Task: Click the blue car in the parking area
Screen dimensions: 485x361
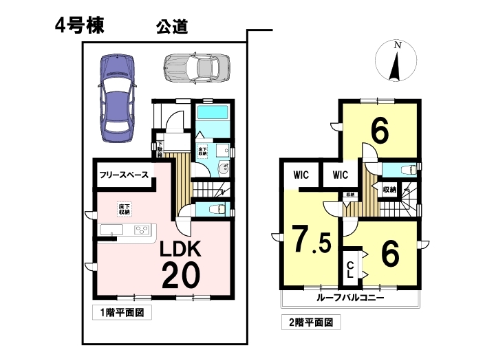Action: [117, 98]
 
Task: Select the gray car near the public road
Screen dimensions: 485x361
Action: [197, 67]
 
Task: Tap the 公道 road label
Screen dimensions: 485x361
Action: [172, 27]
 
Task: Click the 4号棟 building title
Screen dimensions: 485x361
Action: [80, 25]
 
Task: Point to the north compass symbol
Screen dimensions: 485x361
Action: [396, 61]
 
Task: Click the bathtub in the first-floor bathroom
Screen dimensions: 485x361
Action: [213, 112]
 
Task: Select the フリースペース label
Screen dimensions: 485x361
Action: [124, 175]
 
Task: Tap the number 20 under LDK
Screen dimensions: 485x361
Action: [181, 275]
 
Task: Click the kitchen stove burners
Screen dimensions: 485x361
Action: [142, 230]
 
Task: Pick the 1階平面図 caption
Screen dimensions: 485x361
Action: [122, 312]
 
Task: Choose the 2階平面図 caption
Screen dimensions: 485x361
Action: [311, 322]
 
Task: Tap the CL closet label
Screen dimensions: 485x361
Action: [350, 270]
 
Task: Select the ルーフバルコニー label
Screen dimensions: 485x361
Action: [350, 298]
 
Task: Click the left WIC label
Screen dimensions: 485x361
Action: [301, 175]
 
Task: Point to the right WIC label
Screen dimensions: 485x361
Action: [341, 175]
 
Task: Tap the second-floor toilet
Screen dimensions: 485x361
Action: [408, 170]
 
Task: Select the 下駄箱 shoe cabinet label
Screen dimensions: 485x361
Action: [160, 149]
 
